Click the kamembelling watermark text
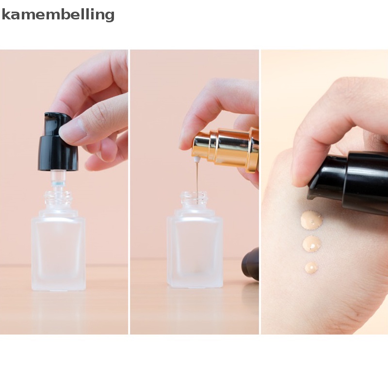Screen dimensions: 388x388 point(58,15)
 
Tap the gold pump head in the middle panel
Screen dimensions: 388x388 point(228,148)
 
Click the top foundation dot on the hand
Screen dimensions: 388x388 point(311,221)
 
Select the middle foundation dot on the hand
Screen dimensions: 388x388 point(311,243)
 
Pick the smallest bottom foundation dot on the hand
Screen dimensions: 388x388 point(311,267)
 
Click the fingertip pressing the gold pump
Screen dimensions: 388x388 point(187,141)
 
